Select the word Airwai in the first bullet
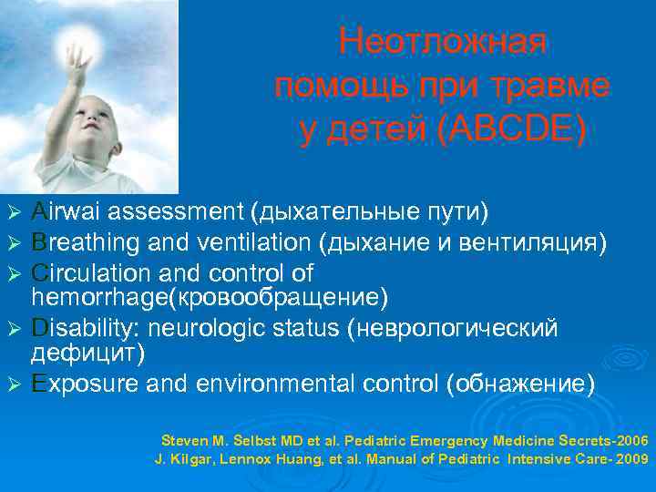point(68,212)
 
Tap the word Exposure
point(86,384)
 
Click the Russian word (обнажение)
point(520,384)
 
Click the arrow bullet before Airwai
point(13,213)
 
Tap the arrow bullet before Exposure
point(13,384)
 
